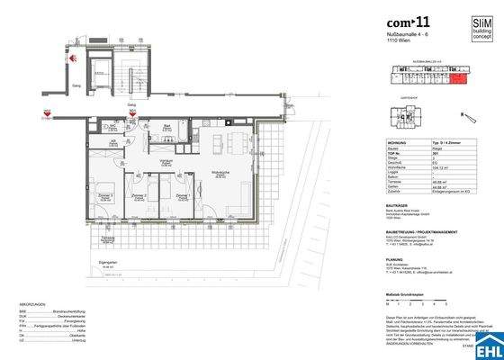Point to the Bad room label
167,127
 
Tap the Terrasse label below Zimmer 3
105,239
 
